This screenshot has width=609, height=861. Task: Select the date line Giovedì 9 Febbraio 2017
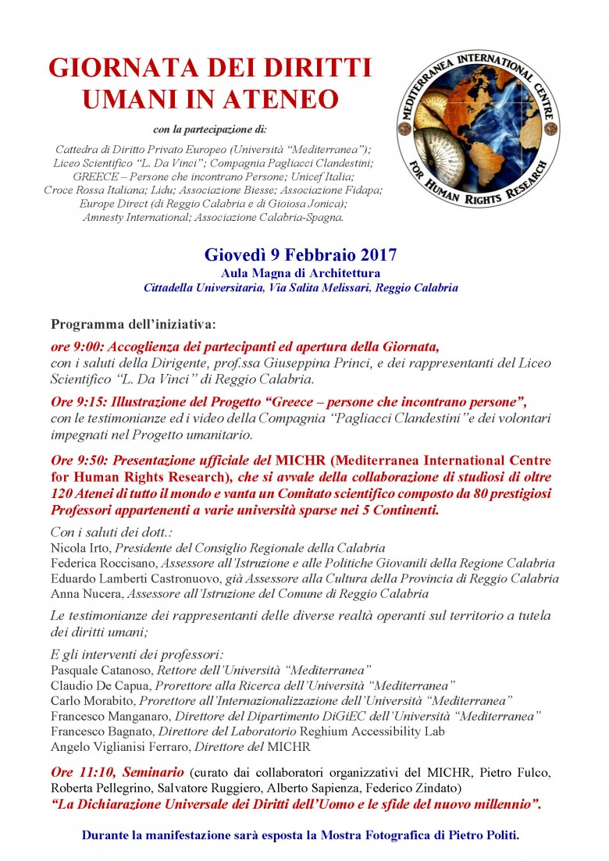coord(301,254)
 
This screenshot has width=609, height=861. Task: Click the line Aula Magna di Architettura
coord(301,272)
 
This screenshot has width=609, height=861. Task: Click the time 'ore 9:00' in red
coord(73,345)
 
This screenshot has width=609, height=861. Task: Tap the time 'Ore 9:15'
coord(74,402)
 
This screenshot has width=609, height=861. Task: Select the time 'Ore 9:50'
coord(75,459)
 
